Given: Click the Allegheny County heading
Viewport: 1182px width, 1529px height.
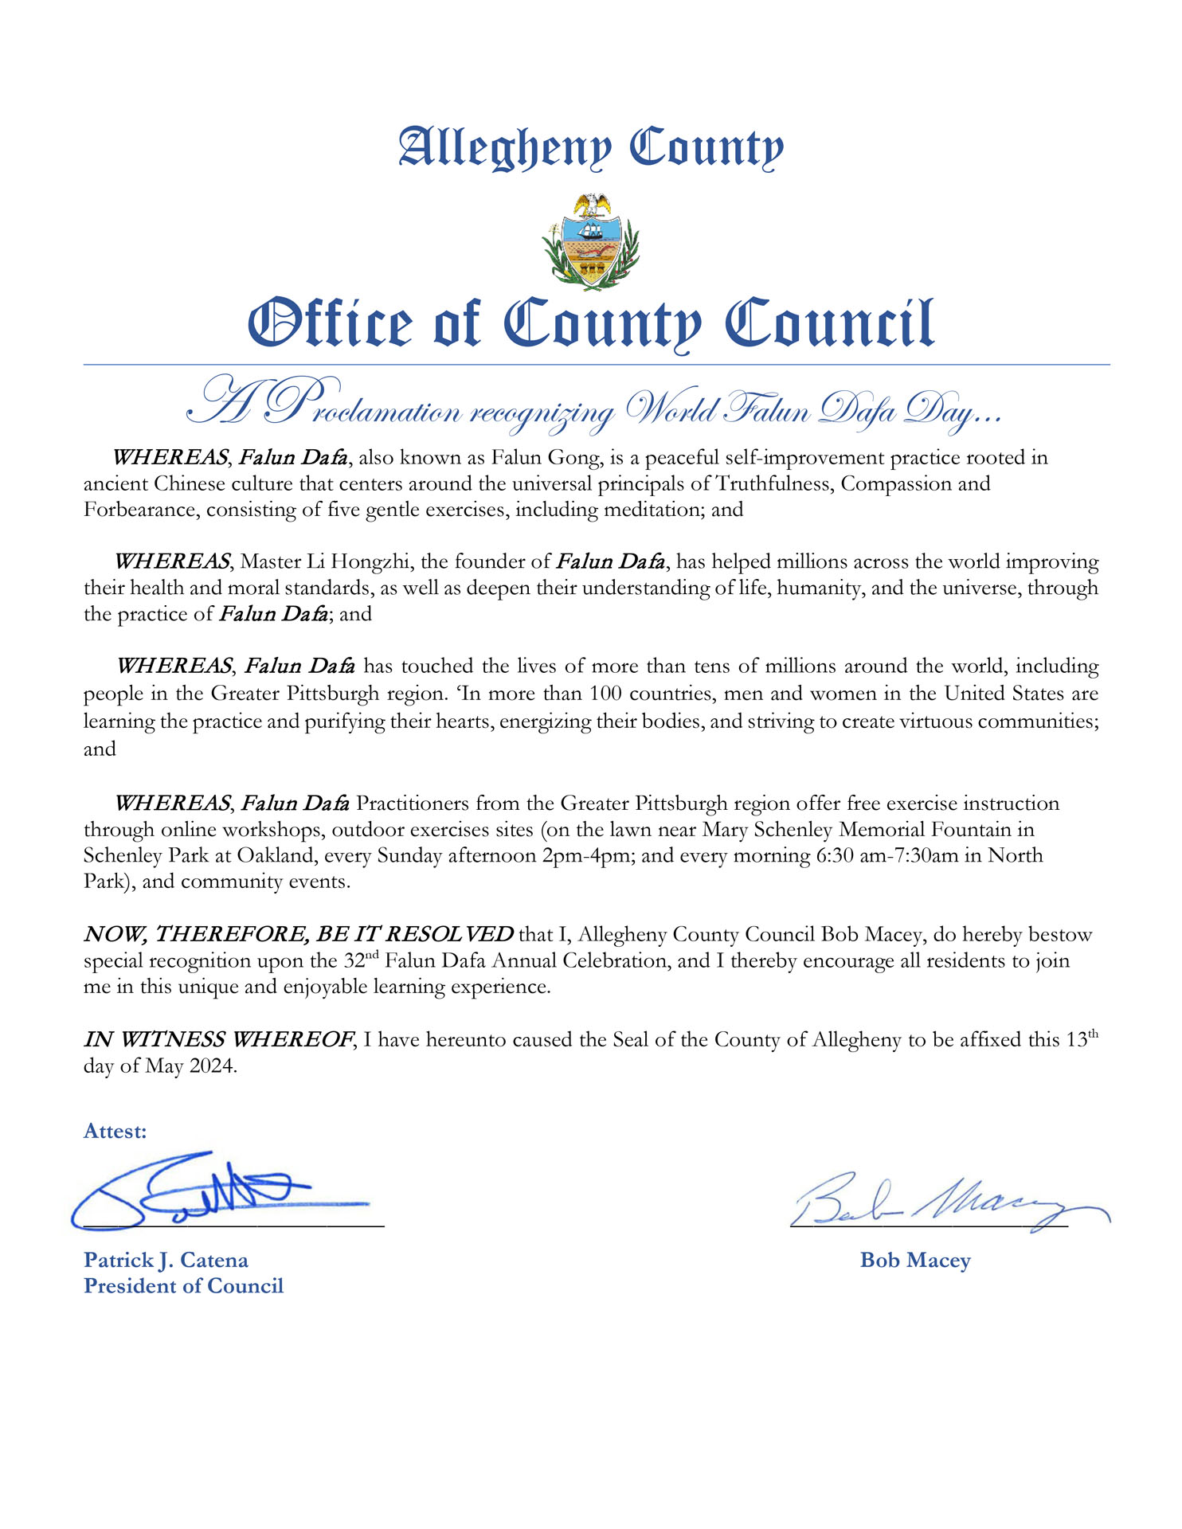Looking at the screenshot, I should (590, 148).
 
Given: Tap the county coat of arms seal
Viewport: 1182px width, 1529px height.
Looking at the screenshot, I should (590, 242).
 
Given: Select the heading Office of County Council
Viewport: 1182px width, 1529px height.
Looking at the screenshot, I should (590, 324).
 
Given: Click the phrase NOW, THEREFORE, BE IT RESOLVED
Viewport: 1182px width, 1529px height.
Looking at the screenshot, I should (299, 934).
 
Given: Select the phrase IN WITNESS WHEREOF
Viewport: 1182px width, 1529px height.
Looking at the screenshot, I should (219, 1040).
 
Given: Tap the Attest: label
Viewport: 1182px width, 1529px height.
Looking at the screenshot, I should (115, 1132).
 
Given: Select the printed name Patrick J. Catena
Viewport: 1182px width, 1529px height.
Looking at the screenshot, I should (166, 1261).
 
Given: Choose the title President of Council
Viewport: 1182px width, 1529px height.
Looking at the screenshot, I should (184, 1286).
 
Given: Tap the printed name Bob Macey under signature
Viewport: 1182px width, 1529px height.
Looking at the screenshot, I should (915, 1261).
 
